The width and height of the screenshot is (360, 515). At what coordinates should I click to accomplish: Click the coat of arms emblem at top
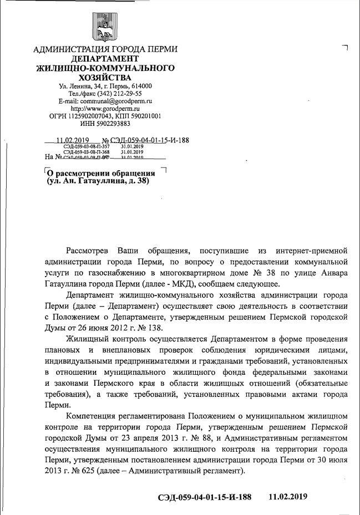tap(105, 26)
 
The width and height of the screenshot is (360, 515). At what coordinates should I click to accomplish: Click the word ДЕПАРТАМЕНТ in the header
tap(105, 59)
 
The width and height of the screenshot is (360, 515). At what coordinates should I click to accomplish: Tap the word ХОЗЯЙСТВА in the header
tap(105, 78)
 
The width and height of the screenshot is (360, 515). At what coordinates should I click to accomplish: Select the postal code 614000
tap(141, 86)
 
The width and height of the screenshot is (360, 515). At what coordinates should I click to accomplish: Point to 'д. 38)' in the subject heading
tap(136, 181)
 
